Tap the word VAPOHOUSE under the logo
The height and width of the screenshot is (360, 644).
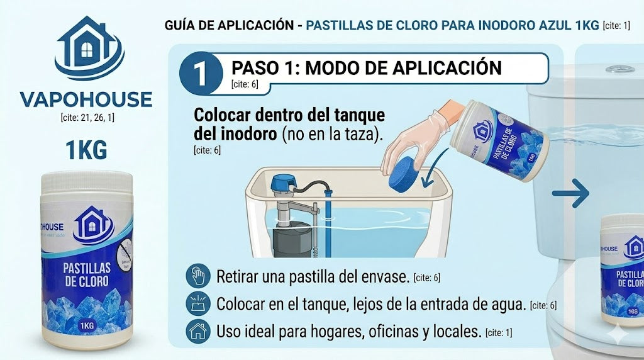86,99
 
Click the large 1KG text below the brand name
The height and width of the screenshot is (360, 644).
86,150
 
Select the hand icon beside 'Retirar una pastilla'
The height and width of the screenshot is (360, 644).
197,276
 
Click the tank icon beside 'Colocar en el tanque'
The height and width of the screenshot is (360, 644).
197,304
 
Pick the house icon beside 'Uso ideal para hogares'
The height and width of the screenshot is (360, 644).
197,331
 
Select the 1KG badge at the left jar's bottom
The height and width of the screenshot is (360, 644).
87,325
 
